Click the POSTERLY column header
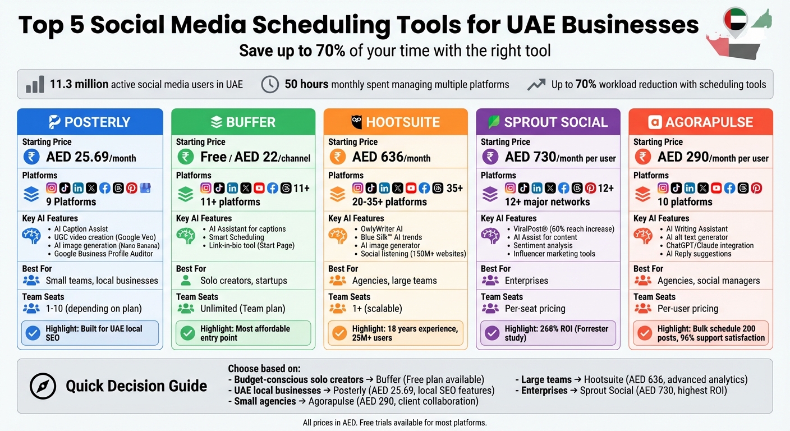pos(90,122)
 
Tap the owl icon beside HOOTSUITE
pos(356,122)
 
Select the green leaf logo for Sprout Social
pos(494,122)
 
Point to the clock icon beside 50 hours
pos(270,84)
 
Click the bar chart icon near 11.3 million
pos(35,84)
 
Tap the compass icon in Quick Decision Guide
pos(43,386)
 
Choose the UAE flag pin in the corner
pos(735,21)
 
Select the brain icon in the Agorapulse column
pos(642,236)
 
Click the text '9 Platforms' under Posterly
pos(71,202)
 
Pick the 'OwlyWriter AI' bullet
pos(382,229)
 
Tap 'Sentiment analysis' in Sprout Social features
pos(543,245)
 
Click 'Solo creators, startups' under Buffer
pos(244,281)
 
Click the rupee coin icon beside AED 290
pos(642,157)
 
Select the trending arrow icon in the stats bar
pos(536,84)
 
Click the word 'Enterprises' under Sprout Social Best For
pos(526,281)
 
